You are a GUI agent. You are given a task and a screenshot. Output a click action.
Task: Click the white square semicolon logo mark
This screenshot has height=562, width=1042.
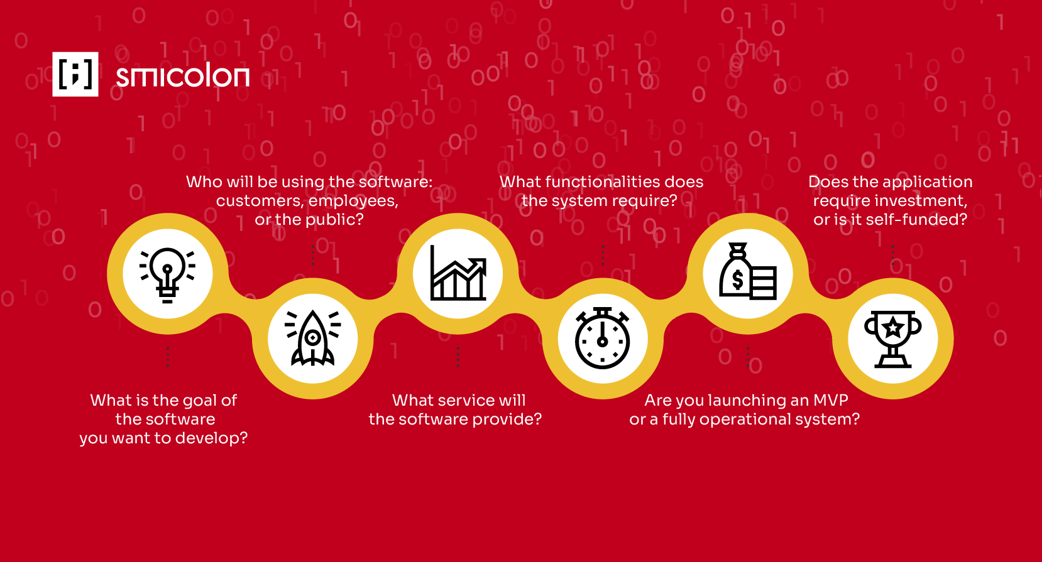click(75, 74)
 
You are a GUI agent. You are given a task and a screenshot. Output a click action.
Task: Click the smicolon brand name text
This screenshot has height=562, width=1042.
click(182, 75)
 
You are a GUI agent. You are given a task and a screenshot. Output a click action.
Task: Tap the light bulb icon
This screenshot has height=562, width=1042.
click(167, 275)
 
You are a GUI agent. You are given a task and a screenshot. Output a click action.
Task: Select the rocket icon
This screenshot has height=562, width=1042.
click(312, 338)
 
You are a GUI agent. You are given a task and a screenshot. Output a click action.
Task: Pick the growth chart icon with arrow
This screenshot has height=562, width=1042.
click(458, 273)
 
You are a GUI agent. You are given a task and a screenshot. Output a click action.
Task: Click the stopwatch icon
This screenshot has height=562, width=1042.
click(603, 338)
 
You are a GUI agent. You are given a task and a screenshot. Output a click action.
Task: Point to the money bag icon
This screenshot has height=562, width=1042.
click(748, 271)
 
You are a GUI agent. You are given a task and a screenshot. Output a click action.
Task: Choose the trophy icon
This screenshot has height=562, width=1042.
click(892, 339)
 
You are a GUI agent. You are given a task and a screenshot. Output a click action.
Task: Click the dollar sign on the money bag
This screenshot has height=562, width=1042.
click(737, 280)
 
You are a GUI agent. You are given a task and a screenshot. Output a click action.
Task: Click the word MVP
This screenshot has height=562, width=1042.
click(830, 400)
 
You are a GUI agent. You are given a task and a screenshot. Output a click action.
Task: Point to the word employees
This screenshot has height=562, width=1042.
click(353, 202)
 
